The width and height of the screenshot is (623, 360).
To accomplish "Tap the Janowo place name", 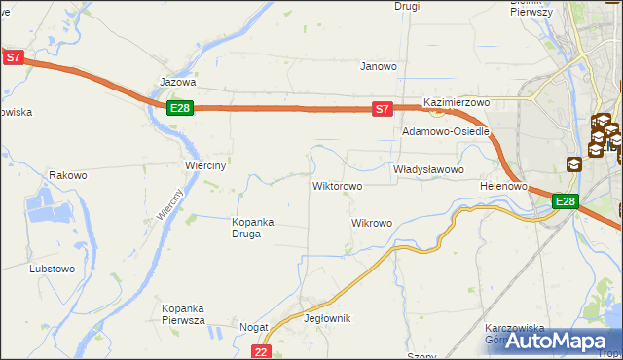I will coord(379,67).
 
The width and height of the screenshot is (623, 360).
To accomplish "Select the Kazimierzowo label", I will coord(456,102).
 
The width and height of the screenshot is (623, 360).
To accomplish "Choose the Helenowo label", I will coord(503,185).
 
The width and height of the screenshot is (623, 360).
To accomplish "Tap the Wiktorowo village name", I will coord(337,185).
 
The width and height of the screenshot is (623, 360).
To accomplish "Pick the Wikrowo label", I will coord(371,223).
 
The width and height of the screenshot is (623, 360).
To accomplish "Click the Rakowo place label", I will coord(68,176).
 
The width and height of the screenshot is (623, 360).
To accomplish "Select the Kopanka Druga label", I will coord(252,227).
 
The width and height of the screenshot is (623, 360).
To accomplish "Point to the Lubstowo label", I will coord(52,268).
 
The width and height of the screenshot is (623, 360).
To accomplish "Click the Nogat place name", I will coord(254,328).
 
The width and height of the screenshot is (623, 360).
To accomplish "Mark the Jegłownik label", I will coord(327,319).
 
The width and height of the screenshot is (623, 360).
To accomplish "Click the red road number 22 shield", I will coord(260,351).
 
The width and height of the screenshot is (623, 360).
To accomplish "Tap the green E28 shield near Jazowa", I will coord(179,108).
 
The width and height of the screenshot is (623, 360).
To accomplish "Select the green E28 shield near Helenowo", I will coord(566,201).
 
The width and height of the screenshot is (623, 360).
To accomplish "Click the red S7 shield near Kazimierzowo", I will coord(384,109).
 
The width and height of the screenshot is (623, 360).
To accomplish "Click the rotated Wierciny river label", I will coord(169,203).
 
